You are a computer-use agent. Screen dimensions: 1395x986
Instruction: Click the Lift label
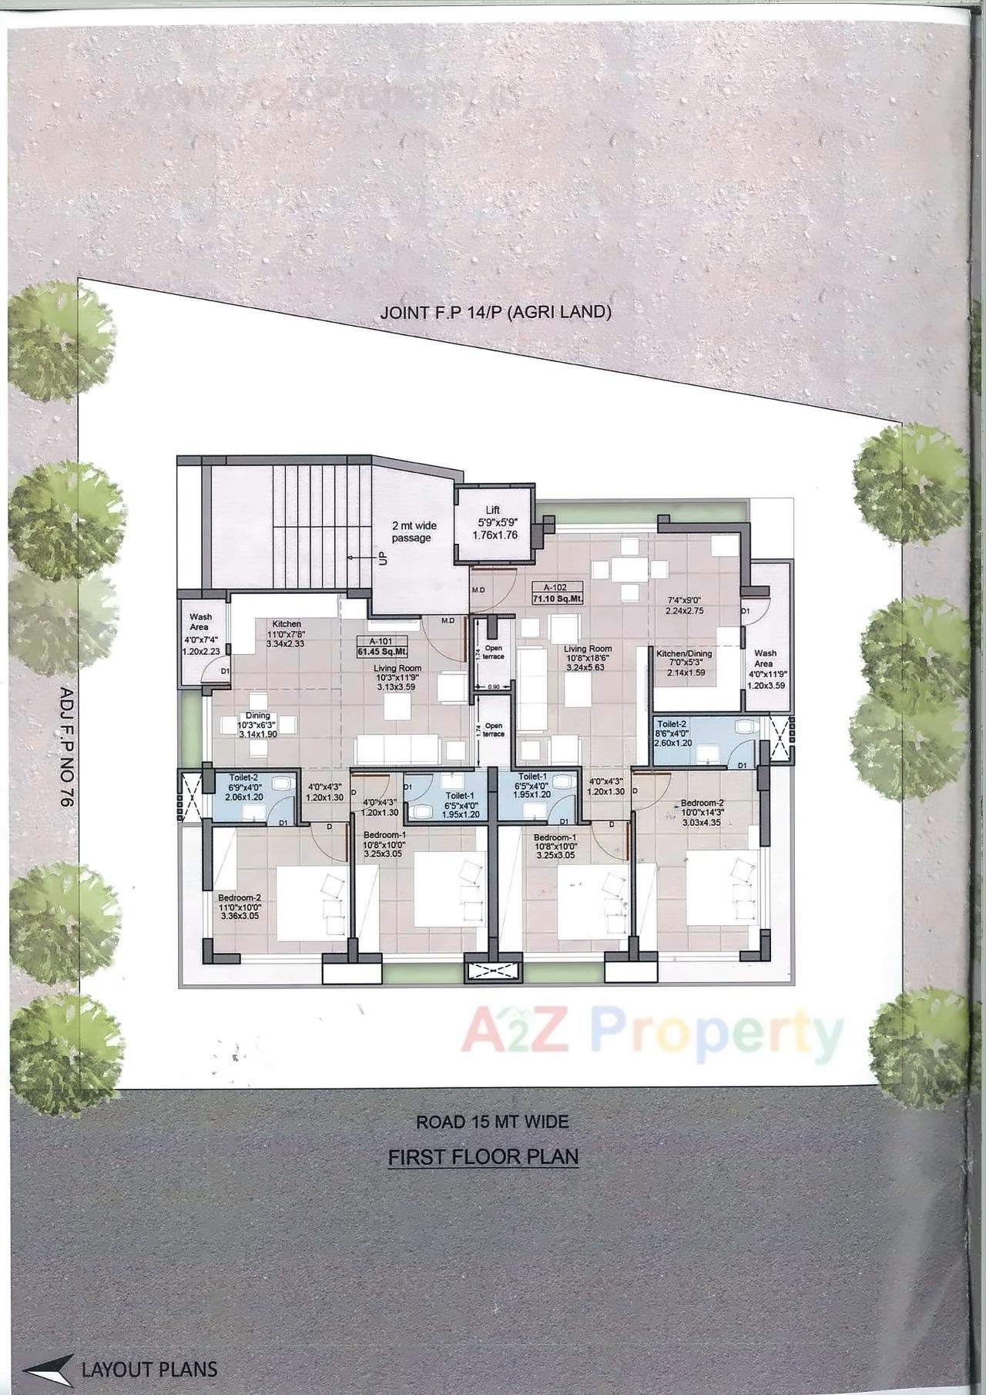[493, 510]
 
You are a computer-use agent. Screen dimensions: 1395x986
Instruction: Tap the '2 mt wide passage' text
[414, 532]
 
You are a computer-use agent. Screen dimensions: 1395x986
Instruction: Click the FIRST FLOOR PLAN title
[483, 1156]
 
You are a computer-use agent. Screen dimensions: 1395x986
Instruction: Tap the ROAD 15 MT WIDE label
[492, 1122]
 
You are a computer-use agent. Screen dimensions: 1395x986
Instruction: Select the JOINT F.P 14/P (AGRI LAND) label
[495, 313]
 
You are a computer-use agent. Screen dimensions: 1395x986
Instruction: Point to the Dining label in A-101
[258, 716]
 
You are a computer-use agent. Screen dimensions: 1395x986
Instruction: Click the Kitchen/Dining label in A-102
[684, 654]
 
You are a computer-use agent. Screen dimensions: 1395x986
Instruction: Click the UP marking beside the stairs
[378, 557]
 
